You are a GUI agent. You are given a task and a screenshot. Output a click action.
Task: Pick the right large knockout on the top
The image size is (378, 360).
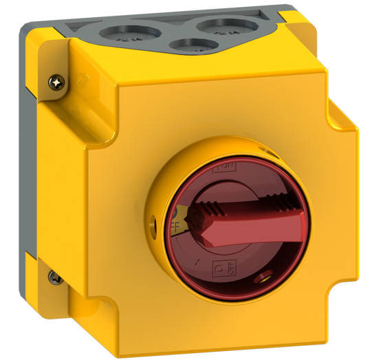(x=223, y=28)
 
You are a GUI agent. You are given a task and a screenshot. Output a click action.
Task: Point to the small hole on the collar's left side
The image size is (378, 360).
(x=153, y=222)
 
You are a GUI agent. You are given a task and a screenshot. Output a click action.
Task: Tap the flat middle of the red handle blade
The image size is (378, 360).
(x=254, y=223)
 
